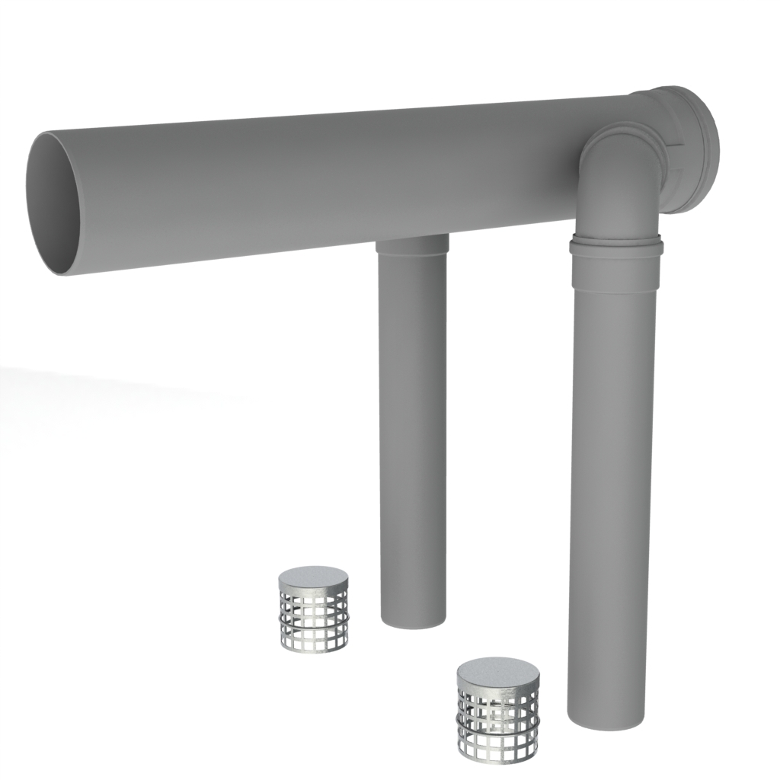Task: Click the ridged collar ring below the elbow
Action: coord(615,246)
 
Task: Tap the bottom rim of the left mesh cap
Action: coord(314,647)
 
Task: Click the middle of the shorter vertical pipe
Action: coord(413,434)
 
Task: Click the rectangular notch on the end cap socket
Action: coord(676,145)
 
